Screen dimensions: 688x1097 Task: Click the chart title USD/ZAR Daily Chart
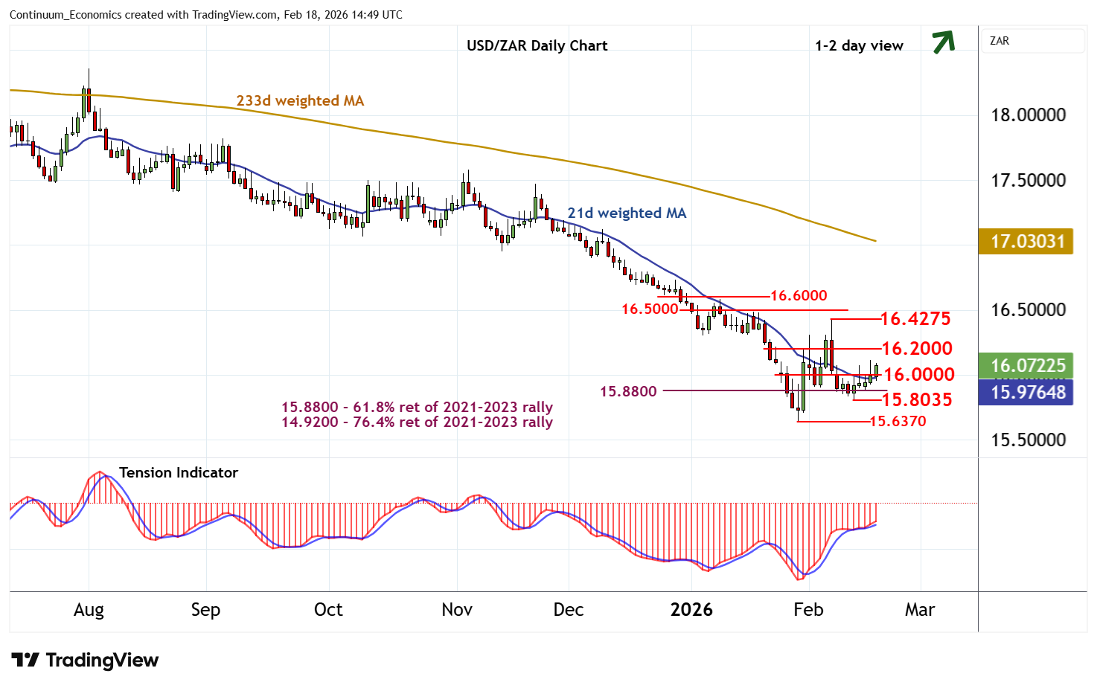click(x=537, y=45)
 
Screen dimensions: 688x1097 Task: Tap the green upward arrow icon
click(x=943, y=42)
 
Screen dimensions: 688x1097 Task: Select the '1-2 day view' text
click(x=859, y=45)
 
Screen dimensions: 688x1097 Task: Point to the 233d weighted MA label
click(x=300, y=100)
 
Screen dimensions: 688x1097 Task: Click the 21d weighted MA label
click(x=627, y=213)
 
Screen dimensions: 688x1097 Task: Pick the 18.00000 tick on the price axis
click(x=1028, y=115)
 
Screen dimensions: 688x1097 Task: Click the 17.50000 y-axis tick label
click(x=1028, y=180)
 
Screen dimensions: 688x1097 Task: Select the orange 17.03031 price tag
click(x=1026, y=241)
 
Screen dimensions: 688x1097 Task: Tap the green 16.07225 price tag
click(x=1026, y=365)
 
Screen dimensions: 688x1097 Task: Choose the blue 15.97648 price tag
click(x=1026, y=392)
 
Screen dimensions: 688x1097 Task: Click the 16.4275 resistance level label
click(x=915, y=318)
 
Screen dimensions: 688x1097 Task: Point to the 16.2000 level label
click(x=916, y=348)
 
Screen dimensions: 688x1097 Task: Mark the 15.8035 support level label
click(x=916, y=399)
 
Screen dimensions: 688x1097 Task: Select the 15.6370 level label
click(x=898, y=421)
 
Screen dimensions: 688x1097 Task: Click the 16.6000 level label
click(x=798, y=295)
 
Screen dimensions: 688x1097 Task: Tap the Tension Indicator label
click(x=179, y=472)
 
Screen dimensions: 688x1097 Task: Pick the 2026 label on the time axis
click(x=691, y=610)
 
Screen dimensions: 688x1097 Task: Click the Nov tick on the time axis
click(x=457, y=610)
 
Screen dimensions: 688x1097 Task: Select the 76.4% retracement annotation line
click(x=417, y=422)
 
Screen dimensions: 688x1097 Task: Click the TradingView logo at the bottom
click(x=85, y=660)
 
